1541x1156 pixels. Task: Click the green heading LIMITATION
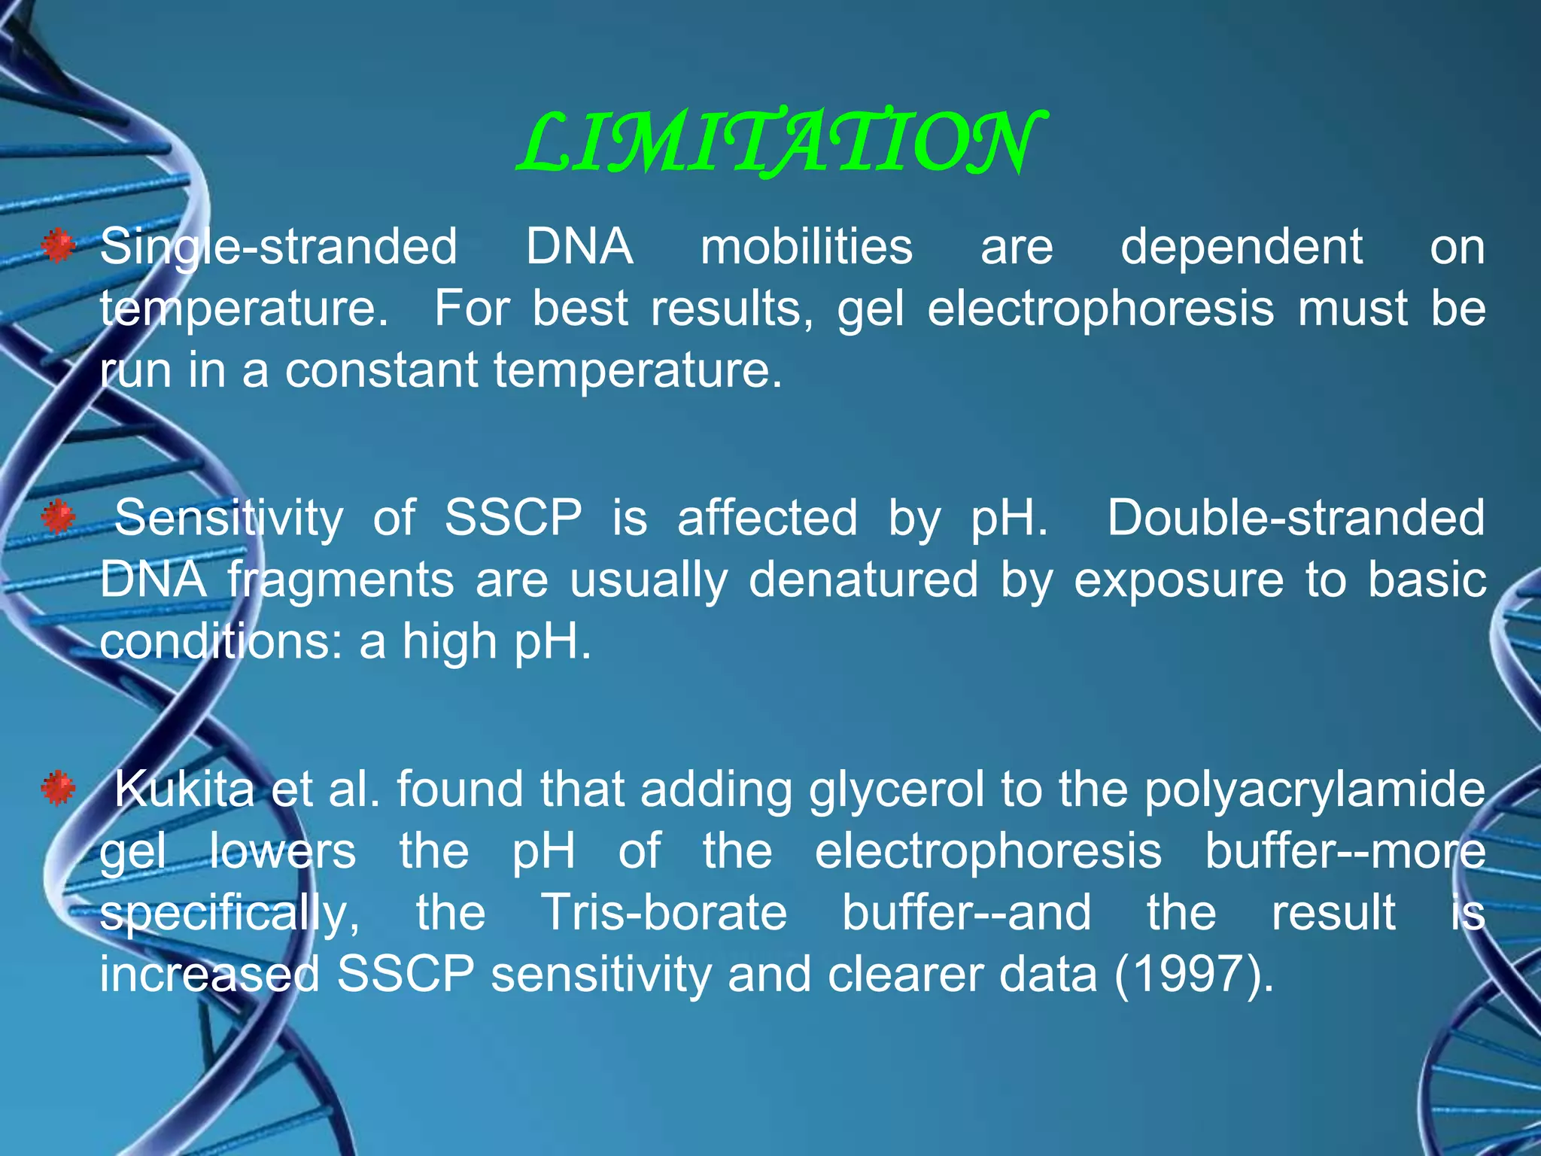pos(780,143)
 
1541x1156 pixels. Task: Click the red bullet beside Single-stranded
pos(58,246)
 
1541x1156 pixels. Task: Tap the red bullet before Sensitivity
pos(58,518)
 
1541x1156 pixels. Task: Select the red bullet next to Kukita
pos(58,789)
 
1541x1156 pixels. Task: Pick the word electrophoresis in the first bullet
pos(1100,309)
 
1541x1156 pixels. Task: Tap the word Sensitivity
pos(229,518)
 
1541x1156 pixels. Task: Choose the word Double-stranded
pos(1296,518)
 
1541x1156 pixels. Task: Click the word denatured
pos(863,580)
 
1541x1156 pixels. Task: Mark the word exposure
pos(1178,580)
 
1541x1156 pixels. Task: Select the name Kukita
pos(184,789)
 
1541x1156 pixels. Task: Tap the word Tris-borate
pos(664,912)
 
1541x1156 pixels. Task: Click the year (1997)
pos(1193,974)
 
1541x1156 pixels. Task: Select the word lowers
pos(282,850)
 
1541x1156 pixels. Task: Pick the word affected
pos(767,518)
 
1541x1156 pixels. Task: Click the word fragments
pos(341,581)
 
